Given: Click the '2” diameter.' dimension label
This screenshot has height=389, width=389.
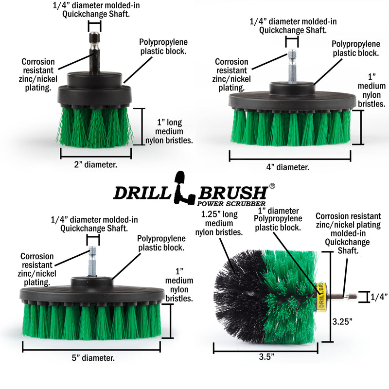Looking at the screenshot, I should [95, 164].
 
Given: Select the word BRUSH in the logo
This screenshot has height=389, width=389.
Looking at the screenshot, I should [232, 192].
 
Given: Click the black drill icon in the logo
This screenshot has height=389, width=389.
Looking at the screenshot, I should [180, 187].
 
